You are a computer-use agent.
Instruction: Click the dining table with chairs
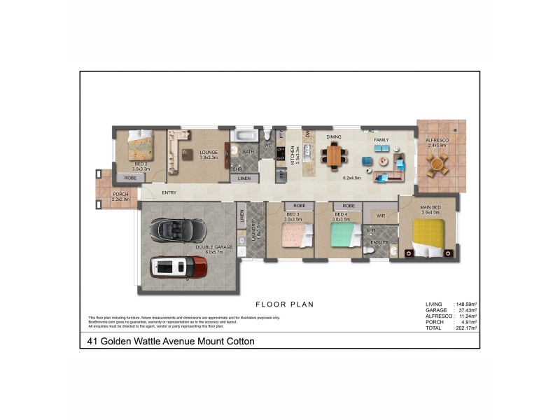(334, 155)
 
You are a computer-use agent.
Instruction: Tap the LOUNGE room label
(209, 152)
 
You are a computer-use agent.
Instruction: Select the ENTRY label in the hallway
(169, 193)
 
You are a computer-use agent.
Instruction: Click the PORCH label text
(120, 194)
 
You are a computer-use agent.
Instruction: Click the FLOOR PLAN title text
(284, 304)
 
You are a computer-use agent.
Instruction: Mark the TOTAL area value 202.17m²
(465, 328)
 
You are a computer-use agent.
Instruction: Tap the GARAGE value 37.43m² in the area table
(465, 310)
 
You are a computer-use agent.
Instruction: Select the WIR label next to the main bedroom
(381, 216)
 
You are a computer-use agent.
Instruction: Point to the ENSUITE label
(380, 242)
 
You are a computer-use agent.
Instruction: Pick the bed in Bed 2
(138, 148)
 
